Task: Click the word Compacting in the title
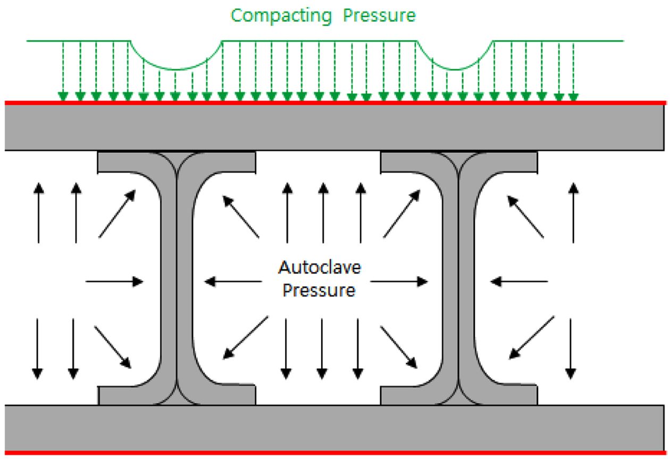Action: tap(280, 15)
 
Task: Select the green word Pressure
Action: tap(379, 15)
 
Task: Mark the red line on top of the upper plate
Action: tap(335, 102)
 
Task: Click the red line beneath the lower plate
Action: tap(335, 453)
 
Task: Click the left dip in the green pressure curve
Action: tap(177, 67)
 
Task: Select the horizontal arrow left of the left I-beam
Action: tap(114, 281)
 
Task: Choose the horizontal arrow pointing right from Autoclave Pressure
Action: tap(399, 281)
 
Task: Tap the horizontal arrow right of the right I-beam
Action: tap(518, 281)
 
